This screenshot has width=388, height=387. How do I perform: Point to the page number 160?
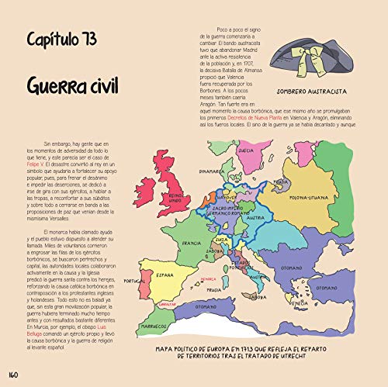pos(12,375)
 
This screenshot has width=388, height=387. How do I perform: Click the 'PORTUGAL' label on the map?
pos(139,281)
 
